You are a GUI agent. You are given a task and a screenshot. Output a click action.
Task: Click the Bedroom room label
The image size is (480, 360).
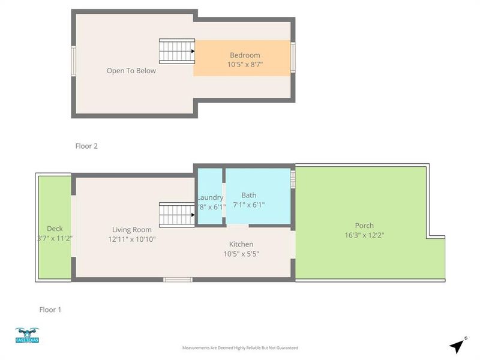(x=245, y=55)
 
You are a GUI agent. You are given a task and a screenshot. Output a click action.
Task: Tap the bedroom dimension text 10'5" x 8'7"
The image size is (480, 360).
(x=245, y=64)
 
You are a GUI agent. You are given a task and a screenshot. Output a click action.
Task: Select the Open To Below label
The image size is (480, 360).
(x=131, y=71)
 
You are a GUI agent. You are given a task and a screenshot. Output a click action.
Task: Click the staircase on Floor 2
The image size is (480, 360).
(x=177, y=51)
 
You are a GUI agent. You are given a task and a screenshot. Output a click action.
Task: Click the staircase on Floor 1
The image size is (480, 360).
(x=177, y=214)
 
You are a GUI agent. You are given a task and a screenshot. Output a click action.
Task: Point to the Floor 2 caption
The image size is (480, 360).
(x=86, y=146)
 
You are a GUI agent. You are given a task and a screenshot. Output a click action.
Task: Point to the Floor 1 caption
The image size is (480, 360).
(x=50, y=310)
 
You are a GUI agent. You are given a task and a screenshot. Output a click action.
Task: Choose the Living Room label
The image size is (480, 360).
(x=132, y=229)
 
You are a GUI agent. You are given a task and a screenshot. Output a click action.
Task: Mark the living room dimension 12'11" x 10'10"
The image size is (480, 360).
(x=132, y=239)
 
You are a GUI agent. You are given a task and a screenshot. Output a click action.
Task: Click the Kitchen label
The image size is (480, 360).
(x=241, y=244)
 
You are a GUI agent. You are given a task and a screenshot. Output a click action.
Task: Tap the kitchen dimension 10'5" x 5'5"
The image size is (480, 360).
(x=241, y=254)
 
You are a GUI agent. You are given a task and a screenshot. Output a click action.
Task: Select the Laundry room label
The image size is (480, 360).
(x=210, y=197)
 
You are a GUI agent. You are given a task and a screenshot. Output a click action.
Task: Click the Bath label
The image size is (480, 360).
(x=248, y=195)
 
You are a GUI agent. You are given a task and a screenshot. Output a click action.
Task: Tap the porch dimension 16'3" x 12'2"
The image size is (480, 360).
(x=364, y=235)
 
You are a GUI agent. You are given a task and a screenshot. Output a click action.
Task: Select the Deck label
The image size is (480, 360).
(x=55, y=229)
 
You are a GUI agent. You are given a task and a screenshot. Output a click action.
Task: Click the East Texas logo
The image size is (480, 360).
(x=27, y=336)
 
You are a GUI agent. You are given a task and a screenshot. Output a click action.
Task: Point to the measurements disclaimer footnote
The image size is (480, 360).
(x=240, y=348)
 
